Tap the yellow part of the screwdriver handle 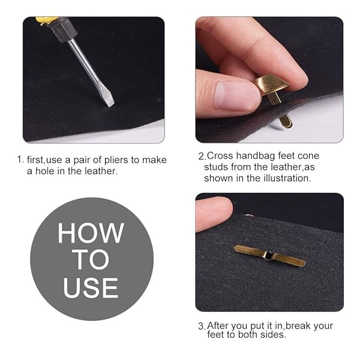(47, 20)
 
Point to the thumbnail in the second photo (232, 96)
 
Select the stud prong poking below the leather (286, 121)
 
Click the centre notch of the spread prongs (269, 255)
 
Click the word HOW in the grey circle (91, 233)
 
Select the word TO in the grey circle (91, 260)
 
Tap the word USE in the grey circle (91, 287)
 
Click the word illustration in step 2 (287, 178)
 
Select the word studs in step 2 (216, 167)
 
